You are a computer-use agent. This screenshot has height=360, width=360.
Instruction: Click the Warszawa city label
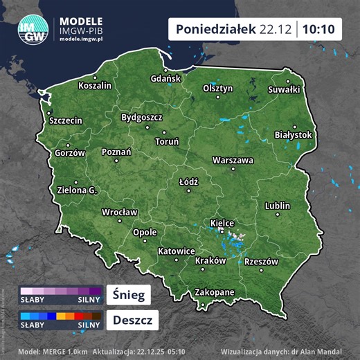[x=233, y=160]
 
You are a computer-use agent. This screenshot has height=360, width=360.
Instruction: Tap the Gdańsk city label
[x=165, y=79]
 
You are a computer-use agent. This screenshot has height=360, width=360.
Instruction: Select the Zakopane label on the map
[x=215, y=292]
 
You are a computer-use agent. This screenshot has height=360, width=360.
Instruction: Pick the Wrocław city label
[x=120, y=213]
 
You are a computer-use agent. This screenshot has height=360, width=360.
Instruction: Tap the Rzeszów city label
[x=261, y=262]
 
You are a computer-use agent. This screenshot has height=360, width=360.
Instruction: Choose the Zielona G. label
[x=77, y=190]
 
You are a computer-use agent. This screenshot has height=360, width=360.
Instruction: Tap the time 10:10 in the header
[x=319, y=29]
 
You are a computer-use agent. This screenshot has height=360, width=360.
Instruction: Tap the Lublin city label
[x=278, y=206]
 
